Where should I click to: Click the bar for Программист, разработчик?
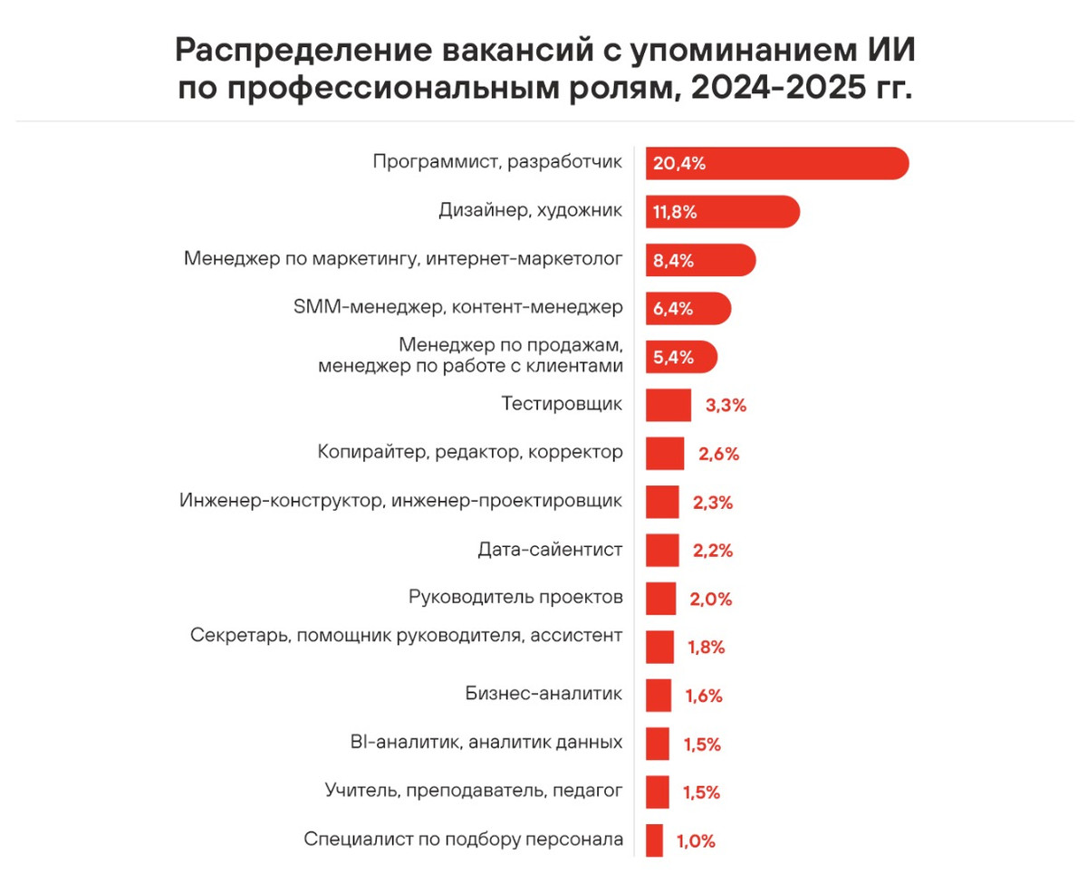pyautogui.click(x=776, y=163)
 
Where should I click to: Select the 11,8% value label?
pyautogui.click(x=675, y=212)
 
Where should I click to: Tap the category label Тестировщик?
pyautogui.click(x=562, y=403)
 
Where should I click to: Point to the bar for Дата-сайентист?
pyautogui.click(x=662, y=550)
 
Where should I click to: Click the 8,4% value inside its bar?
pyautogui.click(x=674, y=261)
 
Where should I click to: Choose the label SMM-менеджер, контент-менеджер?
pyautogui.click(x=458, y=307)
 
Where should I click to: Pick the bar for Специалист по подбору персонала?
pyautogui.click(x=654, y=840)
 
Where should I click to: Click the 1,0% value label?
pyautogui.click(x=696, y=841)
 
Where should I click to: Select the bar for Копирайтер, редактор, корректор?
pyautogui.click(x=665, y=453)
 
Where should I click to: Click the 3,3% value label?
pyautogui.click(x=726, y=405)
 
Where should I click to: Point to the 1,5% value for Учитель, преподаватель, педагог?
pyautogui.click(x=701, y=793)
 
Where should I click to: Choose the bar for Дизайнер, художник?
pyautogui.click(x=722, y=212)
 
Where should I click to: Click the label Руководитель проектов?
pyautogui.click(x=516, y=598)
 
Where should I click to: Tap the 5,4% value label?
pyautogui.click(x=674, y=357)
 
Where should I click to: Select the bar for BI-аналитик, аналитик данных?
pyautogui.click(x=658, y=744)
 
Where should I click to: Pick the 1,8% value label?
pyautogui.click(x=706, y=648)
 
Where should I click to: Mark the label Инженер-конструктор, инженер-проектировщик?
pyautogui.click(x=400, y=500)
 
